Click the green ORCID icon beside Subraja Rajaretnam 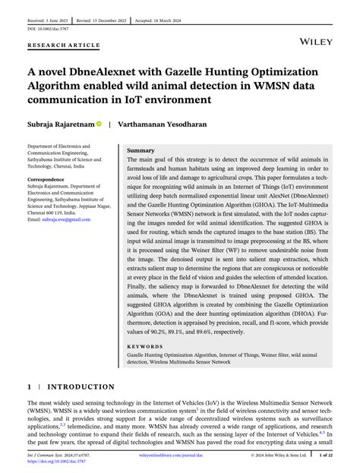pos(99,123)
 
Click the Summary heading pos(141,150)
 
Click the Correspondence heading pos(50,180)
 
